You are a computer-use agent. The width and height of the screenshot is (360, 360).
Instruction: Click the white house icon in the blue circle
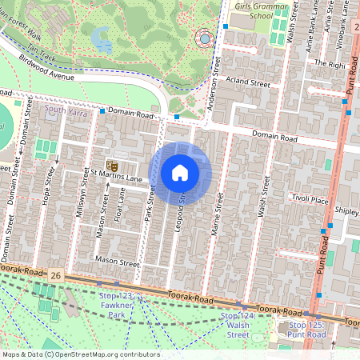click(180, 172)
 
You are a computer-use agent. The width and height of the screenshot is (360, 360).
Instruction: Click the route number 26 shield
click(54, 275)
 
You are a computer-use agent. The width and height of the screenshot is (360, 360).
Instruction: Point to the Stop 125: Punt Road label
click(307, 329)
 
